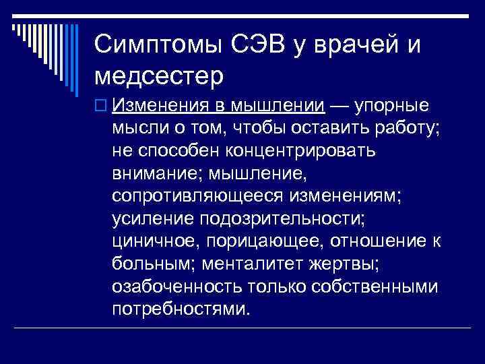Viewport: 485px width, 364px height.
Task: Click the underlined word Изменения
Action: click(x=159, y=106)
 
